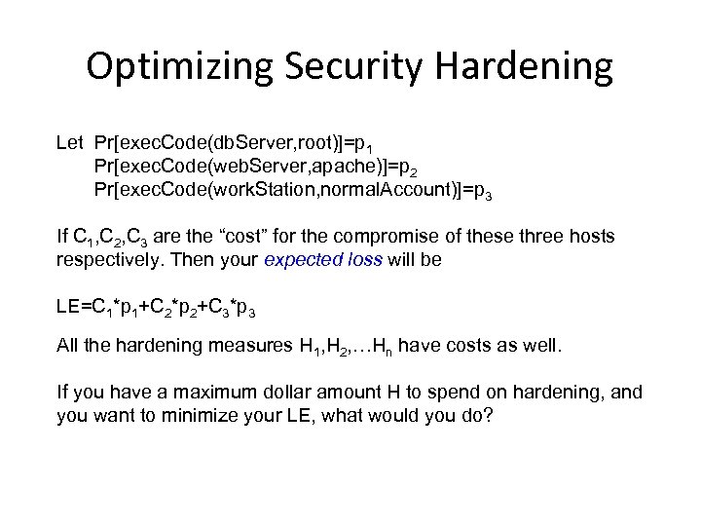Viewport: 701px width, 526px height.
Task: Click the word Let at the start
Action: point(69,144)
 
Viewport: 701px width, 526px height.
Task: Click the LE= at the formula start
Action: point(73,308)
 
